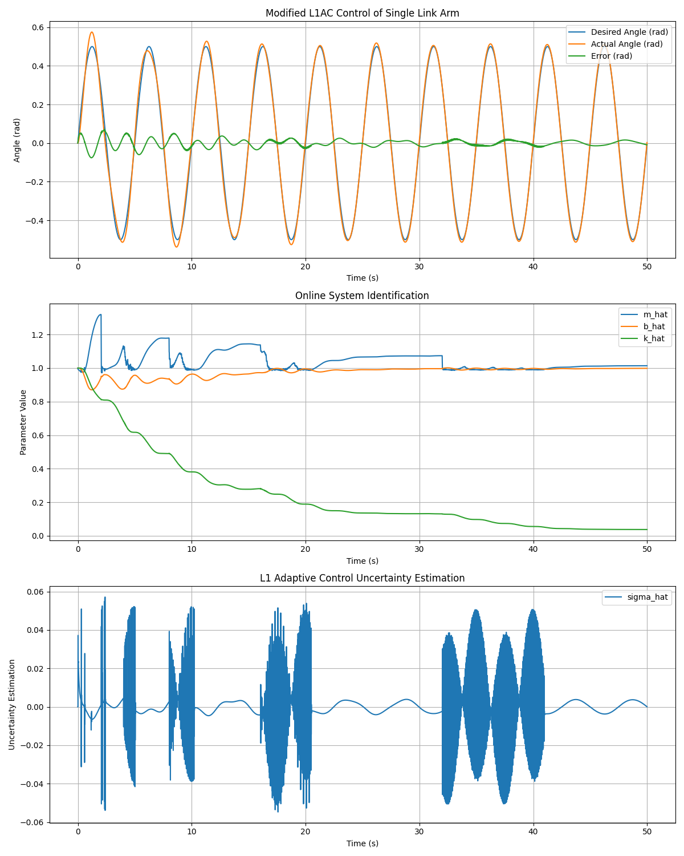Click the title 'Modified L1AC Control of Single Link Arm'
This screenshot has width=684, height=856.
coord(362,13)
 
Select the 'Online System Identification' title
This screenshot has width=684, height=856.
coord(362,296)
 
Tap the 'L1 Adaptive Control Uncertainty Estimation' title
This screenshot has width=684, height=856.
coord(362,578)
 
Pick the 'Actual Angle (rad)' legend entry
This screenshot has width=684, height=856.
coord(615,44)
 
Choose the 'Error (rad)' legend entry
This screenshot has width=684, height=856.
coord(600,56)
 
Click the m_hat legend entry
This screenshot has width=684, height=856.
coord(644,314)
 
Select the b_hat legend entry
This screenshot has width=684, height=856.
coord(642,326)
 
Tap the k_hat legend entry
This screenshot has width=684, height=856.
coord(642,338)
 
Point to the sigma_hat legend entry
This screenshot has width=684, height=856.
coord(636,597)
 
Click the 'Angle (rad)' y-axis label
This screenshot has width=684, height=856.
coord(17,140)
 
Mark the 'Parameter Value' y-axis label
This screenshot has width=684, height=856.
coord(23,422)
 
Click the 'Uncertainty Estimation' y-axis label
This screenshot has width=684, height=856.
coord(11,705)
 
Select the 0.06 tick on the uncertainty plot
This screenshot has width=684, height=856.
coord(35,592)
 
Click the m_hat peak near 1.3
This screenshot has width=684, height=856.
coord(100,314)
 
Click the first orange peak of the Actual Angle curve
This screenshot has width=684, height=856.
coord(92,32)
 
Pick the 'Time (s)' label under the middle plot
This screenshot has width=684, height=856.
coord(362,561)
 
